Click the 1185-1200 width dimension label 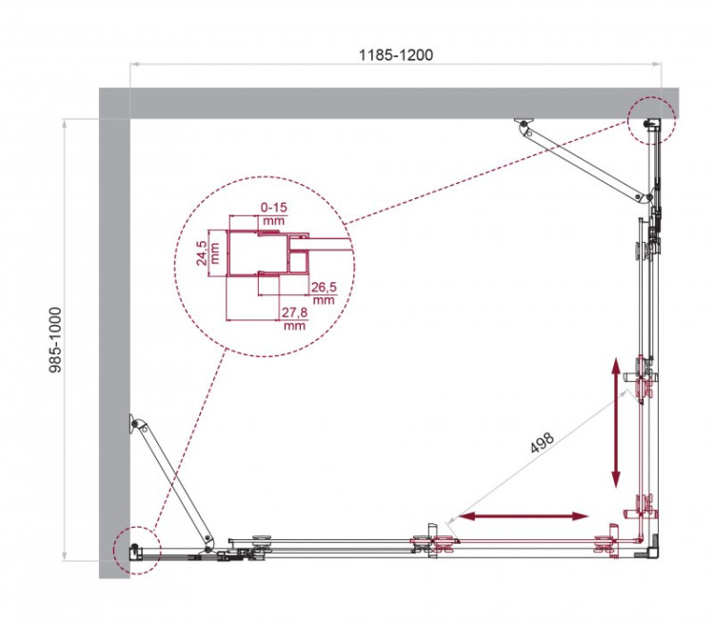pyautogui.click(x=396, y=54)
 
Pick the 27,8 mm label pyautogui.click(x=293, y=318)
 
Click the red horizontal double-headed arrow pyautogui.click(x=523, y=516)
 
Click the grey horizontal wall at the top pyautogui.click(x=381, y=103)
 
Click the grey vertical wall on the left pyautogui.click(x=114, y=333)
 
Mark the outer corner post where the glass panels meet pyautogui.click(x=653, y=551)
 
